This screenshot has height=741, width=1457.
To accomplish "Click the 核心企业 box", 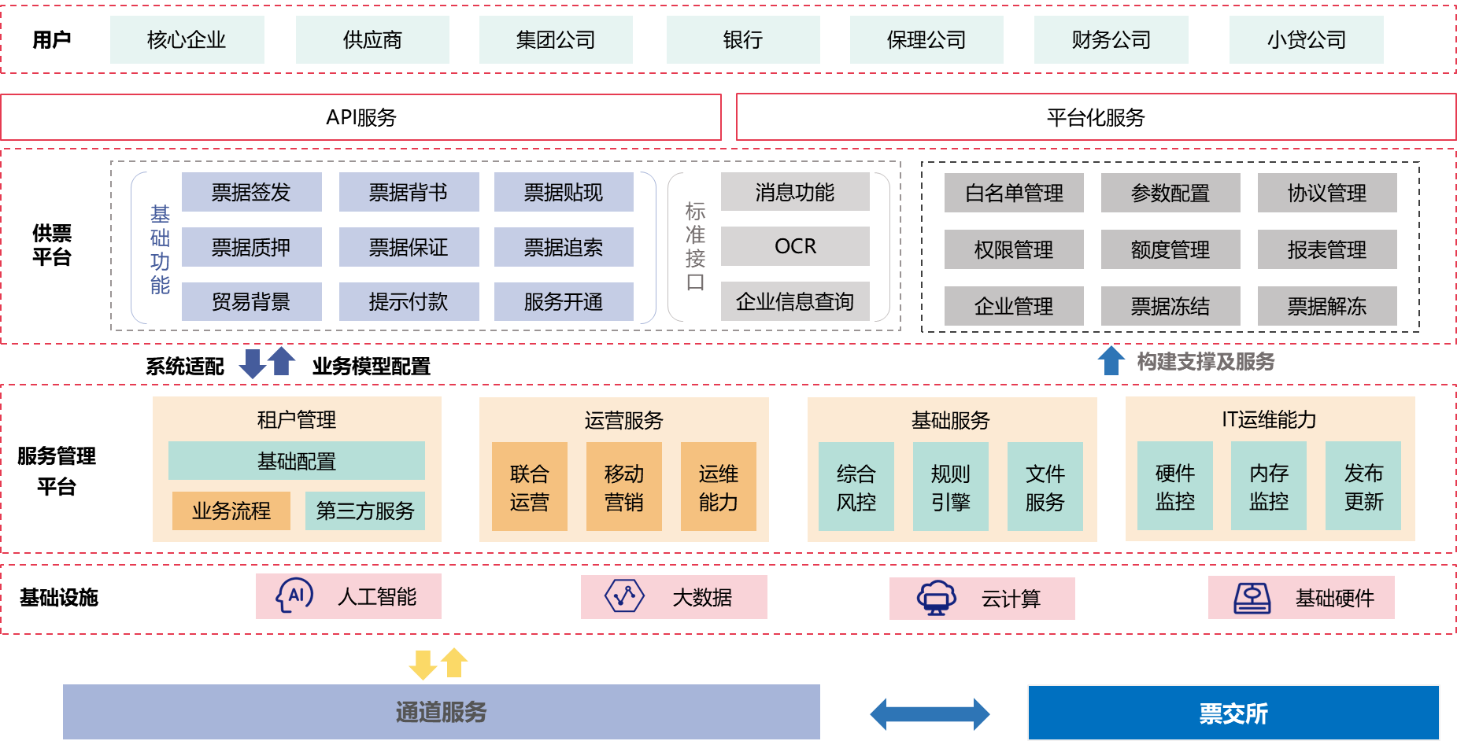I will coord(187,39).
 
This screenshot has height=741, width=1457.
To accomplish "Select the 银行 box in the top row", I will coord(742,39).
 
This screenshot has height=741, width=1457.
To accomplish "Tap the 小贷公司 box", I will coord(1306,39).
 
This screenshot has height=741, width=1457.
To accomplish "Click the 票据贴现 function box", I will coord(564,192).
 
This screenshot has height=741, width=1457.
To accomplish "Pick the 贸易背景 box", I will coord(251,301).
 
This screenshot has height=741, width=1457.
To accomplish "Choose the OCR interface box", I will coord(795,246).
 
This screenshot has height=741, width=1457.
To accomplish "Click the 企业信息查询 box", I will coord(795,301).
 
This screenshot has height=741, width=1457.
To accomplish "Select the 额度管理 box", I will coord(1170,249).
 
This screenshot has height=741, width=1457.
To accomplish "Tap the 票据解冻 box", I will coord(1326,306).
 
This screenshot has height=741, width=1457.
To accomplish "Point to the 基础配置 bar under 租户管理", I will coord(296,461).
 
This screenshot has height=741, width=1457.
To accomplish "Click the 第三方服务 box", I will coord(364,511).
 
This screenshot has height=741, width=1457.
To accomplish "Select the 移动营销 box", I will coord(623,487).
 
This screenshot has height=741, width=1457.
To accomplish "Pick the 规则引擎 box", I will coord(950,487).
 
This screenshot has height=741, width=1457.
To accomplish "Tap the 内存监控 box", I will coord(1268,486).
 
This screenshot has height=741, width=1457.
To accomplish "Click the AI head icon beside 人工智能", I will coord(294,595).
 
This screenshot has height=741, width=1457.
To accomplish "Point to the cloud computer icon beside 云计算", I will coord(936,598).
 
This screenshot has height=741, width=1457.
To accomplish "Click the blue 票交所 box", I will coord(1233,713).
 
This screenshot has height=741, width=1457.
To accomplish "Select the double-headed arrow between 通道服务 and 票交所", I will coord(930,713).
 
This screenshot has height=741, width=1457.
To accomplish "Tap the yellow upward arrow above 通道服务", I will coord(454,662).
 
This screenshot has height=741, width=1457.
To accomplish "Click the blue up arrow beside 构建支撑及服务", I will coord(1111,360).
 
